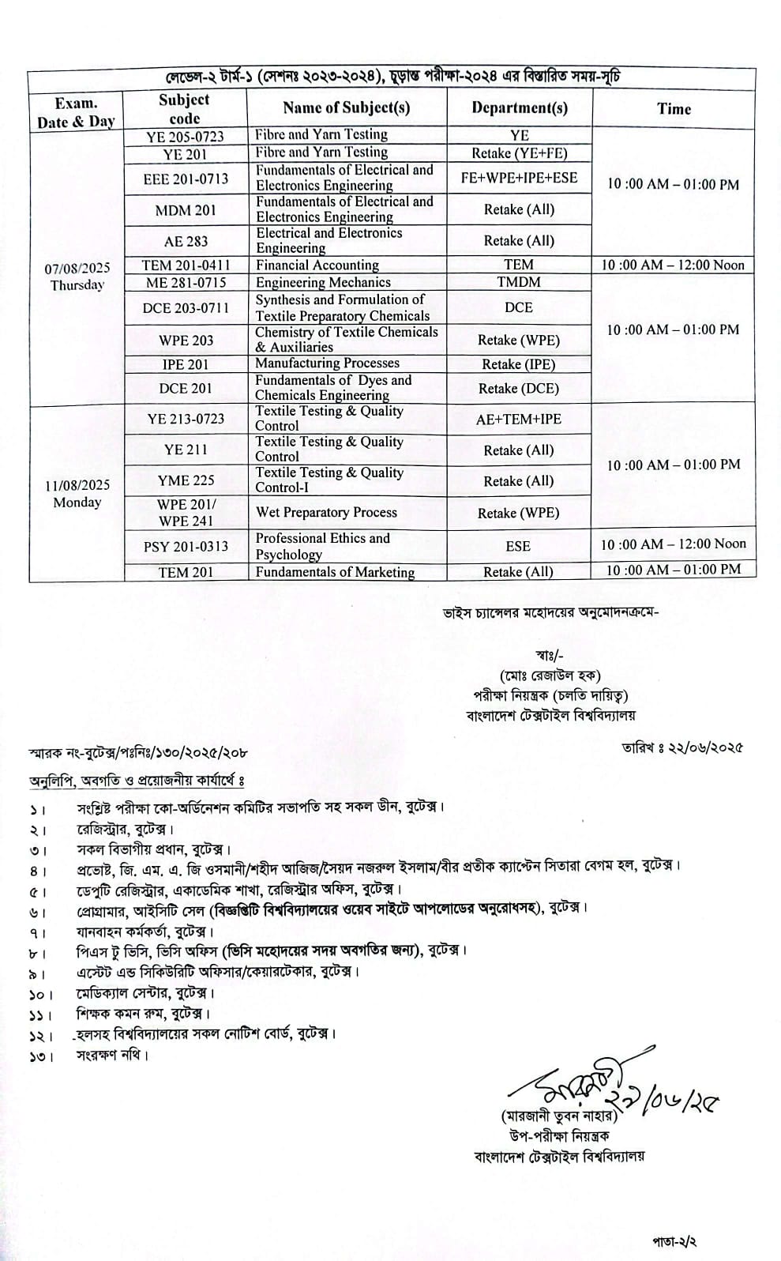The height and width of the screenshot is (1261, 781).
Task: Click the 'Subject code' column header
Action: coord(184,109)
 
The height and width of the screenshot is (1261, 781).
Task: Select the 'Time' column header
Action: coord(674,109)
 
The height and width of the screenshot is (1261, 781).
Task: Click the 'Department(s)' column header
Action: coord(520,108)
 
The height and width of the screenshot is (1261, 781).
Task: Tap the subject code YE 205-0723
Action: coord(186,136)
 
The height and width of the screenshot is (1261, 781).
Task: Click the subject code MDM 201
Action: coord(186,210)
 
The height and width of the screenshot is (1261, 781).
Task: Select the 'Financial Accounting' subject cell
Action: coord(317,265)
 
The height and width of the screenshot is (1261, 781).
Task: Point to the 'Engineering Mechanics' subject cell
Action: coord(323,282)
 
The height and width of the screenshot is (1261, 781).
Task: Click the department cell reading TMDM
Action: coord(519,282)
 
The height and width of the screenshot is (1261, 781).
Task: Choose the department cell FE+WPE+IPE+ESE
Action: coord(519,178)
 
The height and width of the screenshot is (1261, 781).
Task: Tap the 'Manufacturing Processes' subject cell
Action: coord(327,363)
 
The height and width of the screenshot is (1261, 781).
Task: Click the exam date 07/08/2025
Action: coord(77,269)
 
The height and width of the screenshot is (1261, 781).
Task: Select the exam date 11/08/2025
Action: coord(77,485)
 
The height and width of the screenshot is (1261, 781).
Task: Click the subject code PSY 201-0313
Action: coord(186,546)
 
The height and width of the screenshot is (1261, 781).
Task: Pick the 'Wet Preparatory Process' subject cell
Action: coord(326,512)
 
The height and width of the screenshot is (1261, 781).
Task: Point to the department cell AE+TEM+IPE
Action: coord(519,419)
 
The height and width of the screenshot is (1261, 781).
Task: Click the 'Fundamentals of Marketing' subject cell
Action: coord(335,572)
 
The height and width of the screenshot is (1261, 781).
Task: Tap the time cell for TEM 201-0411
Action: coord(673,265)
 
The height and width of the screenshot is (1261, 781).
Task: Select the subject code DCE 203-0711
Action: coord(186,307)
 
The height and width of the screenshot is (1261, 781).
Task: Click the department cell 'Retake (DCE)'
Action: coord(519,389)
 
